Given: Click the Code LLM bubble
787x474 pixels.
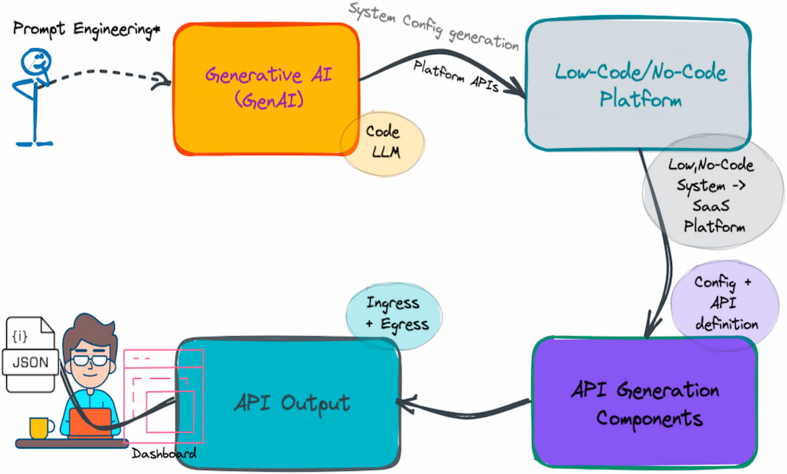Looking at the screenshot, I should pyautogui.click(x=382, y=143).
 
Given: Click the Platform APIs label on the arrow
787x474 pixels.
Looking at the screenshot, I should pyautogui.click(x=456, y=76).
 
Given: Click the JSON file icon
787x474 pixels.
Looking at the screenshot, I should pyautogui.click(x=30, y=354).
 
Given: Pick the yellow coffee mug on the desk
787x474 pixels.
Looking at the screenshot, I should pyautogui.click(x=39, y=428).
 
